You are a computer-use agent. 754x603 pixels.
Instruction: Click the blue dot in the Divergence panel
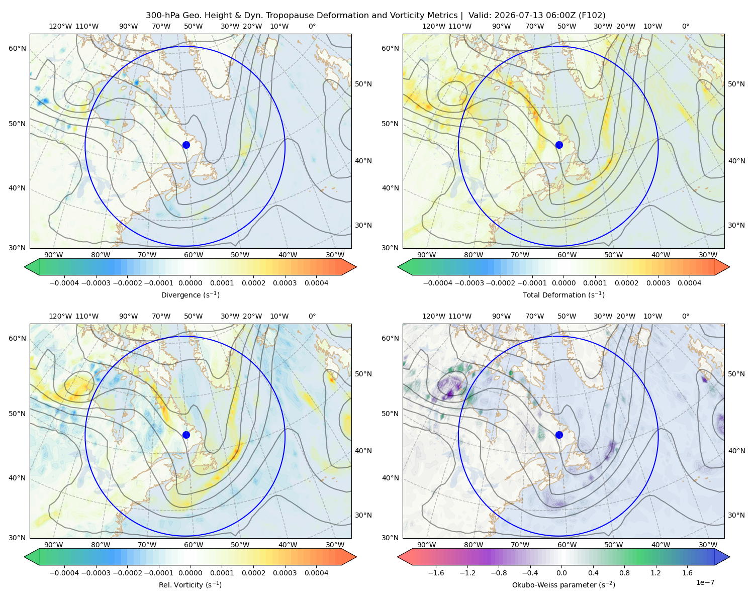tap(186, 145)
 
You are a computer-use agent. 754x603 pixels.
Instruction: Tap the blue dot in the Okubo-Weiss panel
tap(559, 435)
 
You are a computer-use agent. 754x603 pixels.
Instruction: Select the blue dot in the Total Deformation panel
tap(559, 145)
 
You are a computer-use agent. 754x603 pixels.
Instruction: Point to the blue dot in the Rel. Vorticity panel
tap(186, 435)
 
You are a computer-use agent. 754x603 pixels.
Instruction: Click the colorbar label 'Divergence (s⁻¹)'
tap(190, 294)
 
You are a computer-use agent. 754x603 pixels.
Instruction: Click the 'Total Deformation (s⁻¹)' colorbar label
tap(563, 294)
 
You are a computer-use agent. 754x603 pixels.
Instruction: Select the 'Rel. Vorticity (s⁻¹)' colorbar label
tap(190, 584)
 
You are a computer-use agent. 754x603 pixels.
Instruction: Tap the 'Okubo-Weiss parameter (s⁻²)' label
tap(563, 584)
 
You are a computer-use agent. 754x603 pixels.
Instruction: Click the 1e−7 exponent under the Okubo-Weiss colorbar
tap(705, 582)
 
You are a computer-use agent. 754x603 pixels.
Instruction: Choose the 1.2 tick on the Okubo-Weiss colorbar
tap(655, 573)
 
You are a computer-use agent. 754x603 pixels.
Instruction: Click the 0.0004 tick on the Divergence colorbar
tap(316, 283)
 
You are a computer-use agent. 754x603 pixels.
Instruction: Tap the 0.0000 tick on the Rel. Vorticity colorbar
tap(190, 573)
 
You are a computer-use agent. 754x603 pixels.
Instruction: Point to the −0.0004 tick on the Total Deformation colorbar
tap(437, 283)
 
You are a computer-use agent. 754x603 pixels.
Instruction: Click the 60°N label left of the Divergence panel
tap(17, 48)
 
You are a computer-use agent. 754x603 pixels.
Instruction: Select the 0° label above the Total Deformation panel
tap(685, 26)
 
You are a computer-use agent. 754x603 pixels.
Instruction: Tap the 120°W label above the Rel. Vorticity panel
tap(60, 316)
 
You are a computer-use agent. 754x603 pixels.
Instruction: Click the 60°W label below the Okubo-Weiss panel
tap(567, 545)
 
